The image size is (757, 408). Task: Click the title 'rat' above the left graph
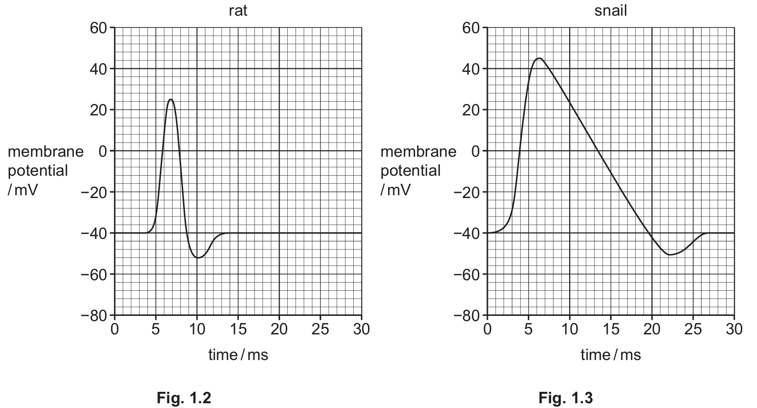pyautogui.click(x=238, y=10)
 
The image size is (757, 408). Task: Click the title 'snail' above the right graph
pyautogui.click(x=611, y=10)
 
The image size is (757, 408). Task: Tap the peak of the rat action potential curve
pyautogui.click(x=171, y=100)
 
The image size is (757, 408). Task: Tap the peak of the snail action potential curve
pyautogui.click(x=539, y=58)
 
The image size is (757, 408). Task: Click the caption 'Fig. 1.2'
pyautogui.click(x=184, y=397)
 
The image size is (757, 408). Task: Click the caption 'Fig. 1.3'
pyautogui.click(x=565, y=397)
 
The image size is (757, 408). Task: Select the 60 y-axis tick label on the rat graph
pyautogui.click(x=98, y=28)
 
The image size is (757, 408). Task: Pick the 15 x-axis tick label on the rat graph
pyautogui.click(x=238, y=329)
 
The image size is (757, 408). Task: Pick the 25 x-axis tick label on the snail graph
pyautogui.click(x=693, y=329)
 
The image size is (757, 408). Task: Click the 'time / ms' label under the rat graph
pyautogui.click(x=238, y=354)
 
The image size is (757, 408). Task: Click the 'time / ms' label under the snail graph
pyautogui.click(x=611, y=354)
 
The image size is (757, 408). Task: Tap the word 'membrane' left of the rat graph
pyautogui.click(x=46, y=152)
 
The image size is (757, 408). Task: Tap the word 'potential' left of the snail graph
pyautogui.click(x=410, y=170)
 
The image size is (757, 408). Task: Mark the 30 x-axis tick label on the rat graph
pyautogui.click(x=361, y=329)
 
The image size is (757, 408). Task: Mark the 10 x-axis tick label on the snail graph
pyautogui.click(x=569, y=329)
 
